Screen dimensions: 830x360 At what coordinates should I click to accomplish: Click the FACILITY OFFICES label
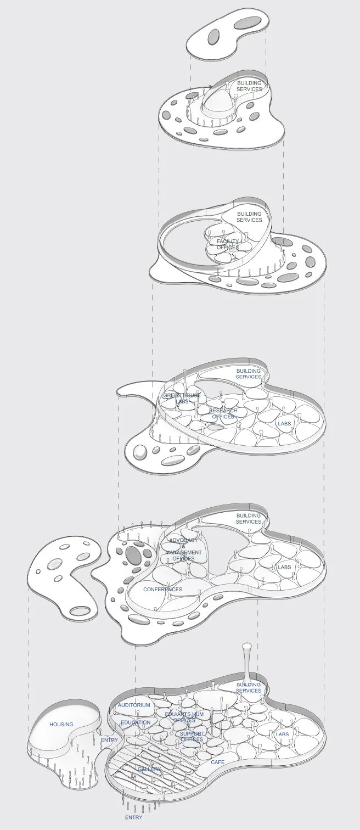click(228, 244)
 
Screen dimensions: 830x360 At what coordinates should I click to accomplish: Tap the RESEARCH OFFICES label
click(223, 413)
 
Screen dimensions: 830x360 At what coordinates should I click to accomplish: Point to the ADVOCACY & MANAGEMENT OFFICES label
click(183, 549)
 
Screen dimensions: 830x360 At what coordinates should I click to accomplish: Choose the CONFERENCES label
click(162, 590)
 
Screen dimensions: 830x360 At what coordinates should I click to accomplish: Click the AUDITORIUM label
click(134, 705)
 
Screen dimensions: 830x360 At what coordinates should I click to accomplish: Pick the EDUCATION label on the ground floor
click(136, 722)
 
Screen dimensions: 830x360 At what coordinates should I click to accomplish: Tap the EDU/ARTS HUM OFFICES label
click(184, 717)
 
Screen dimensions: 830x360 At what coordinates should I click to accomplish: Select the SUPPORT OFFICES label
click(192, 737)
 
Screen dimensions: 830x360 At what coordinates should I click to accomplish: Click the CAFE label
click(218, 762)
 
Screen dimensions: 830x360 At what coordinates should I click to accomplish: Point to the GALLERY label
click(149, 770)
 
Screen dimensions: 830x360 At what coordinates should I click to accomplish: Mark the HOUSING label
click(61, 725)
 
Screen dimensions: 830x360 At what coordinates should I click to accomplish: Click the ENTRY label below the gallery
click(133, 817)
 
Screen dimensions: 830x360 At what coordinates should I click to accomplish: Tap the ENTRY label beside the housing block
click(109, 741)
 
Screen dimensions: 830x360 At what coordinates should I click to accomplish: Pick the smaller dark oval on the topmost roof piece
click(213, 38)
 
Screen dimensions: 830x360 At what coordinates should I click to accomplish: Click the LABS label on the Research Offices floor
click(284, 424)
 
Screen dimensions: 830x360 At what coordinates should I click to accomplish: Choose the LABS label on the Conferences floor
click(284, 567)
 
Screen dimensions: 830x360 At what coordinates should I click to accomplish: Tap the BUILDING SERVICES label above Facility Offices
click(249, 216)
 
